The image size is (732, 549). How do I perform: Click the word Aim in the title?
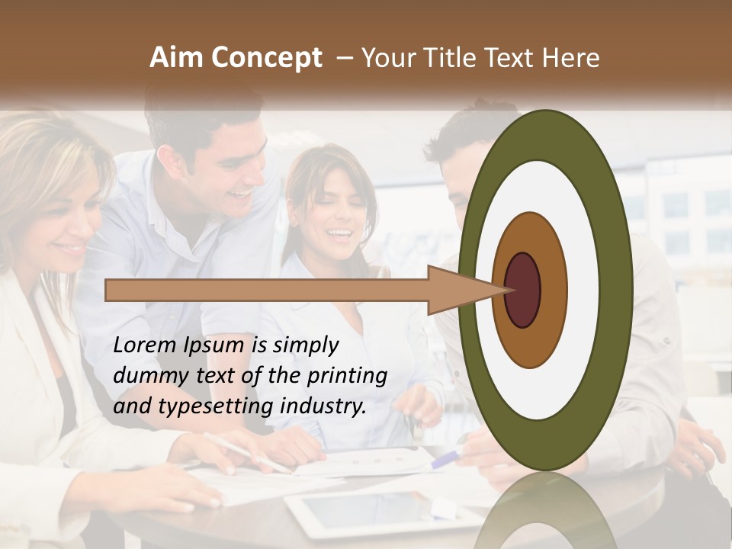coord(177,58)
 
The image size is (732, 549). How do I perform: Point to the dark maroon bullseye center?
coord(523,291)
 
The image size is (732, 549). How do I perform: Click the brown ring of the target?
coord(529,229)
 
